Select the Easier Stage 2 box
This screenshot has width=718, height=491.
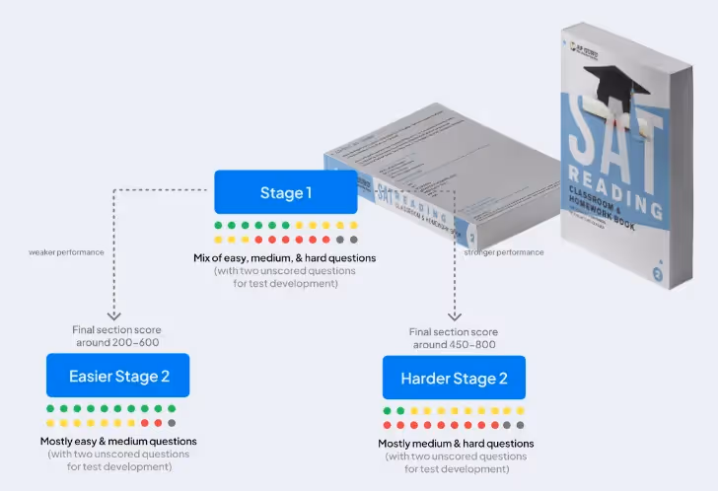point(117,376)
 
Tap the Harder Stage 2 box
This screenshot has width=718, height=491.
point(454,379)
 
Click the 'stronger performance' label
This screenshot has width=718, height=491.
point(503,252)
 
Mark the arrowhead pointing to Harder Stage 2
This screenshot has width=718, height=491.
point(454,316)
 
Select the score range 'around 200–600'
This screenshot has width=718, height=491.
point(117,342)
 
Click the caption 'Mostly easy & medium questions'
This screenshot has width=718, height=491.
point(117,441)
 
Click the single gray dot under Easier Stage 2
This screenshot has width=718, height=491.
point(172,423)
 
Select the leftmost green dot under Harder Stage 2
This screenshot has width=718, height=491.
point(388,410)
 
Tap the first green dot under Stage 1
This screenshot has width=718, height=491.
point(218,226)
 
